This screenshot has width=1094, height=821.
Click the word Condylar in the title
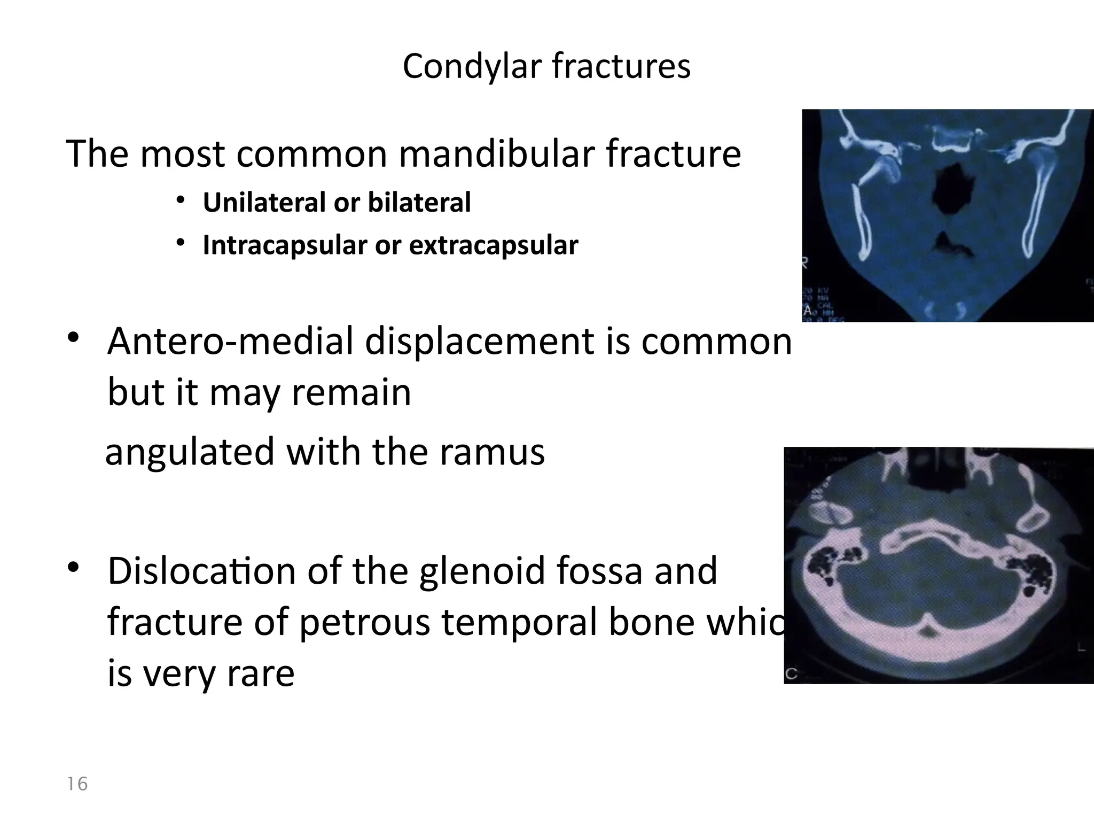click(472, 67)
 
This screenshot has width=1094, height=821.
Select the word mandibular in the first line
click(496, 154)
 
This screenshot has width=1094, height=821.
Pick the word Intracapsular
click(285, 245)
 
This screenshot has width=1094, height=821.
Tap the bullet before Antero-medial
click(73, 338)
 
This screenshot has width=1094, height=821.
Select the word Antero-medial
click(231, 342)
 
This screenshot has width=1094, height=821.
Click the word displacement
click(479, 342)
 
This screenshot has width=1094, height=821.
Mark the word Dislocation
click(202, 571)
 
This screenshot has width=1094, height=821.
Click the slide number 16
click(77, 784)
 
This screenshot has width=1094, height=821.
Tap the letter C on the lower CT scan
click(792, 675)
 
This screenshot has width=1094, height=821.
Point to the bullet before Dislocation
click(73, 568)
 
